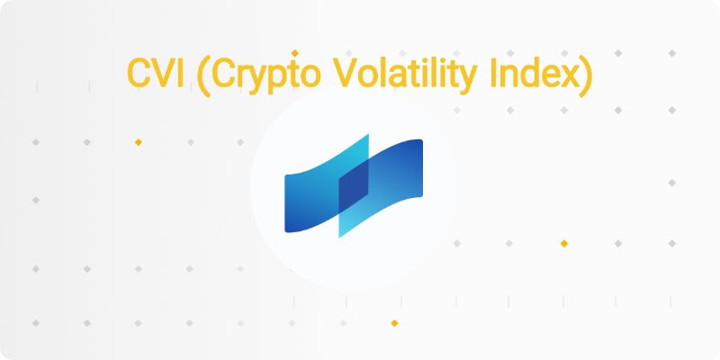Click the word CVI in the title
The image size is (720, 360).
(156, 74)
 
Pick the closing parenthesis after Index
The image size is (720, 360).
(587, 76)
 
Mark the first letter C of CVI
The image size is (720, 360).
(139, 74)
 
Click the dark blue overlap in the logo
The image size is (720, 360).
(354, 187)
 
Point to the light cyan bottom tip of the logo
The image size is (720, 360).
(340, 236)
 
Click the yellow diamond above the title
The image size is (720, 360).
(295, 53)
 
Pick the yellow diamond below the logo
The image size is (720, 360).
(394, 323)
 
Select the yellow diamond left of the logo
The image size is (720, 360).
(139, 142)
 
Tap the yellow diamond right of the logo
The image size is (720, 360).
(564, 243)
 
